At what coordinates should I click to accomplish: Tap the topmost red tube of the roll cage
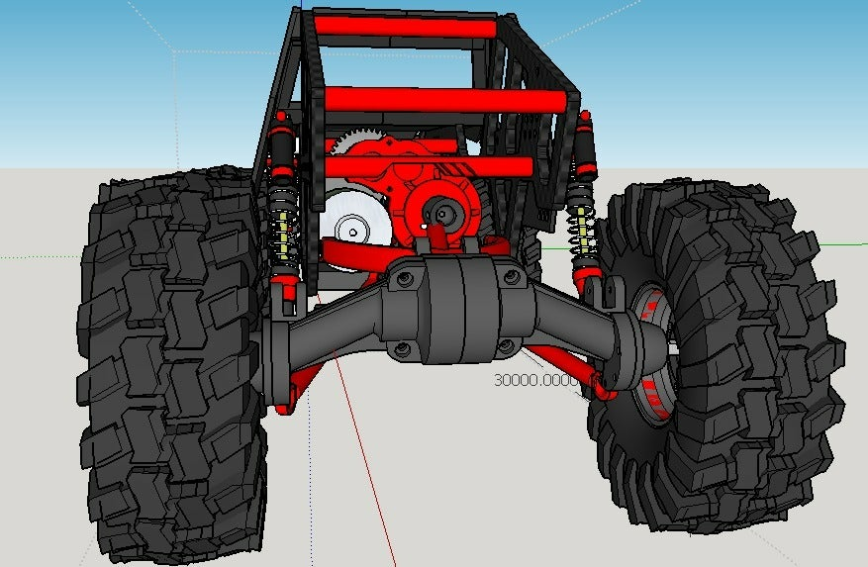click(x=406, y=27)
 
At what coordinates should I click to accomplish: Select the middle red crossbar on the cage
click(x=445, y=100)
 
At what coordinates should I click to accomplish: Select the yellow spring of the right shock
click(x=581, y=233)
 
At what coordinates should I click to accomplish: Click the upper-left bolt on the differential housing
click(x=406, y=281)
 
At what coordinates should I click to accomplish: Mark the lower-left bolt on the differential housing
click(x=403, y=348)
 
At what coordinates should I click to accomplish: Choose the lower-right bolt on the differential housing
click(x=506, y=346)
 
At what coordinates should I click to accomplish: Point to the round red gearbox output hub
click(x=441, y=211)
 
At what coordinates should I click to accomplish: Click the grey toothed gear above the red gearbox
click(x=348, y=143)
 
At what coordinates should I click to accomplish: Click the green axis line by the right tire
click(x=841, y=242)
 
